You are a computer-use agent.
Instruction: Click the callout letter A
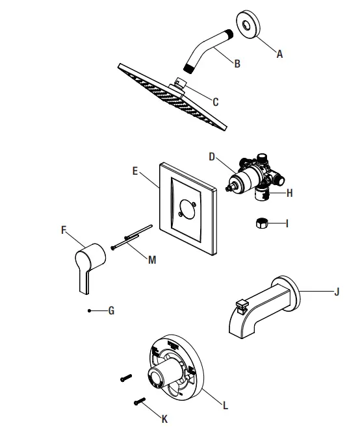click(280, 55)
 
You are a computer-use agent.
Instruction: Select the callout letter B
click(237, 64)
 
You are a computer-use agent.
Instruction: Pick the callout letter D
click(212, 157)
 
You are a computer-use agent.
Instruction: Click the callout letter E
click(135, 171)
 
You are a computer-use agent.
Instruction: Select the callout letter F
click(64, 229)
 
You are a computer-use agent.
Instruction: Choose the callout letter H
click(290, 193)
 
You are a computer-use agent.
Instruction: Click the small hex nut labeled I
click(261, 224)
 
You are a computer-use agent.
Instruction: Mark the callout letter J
click(337, 292)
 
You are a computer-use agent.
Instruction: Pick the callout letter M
click(152, 260)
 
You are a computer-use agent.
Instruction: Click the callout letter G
click(111, 311)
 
